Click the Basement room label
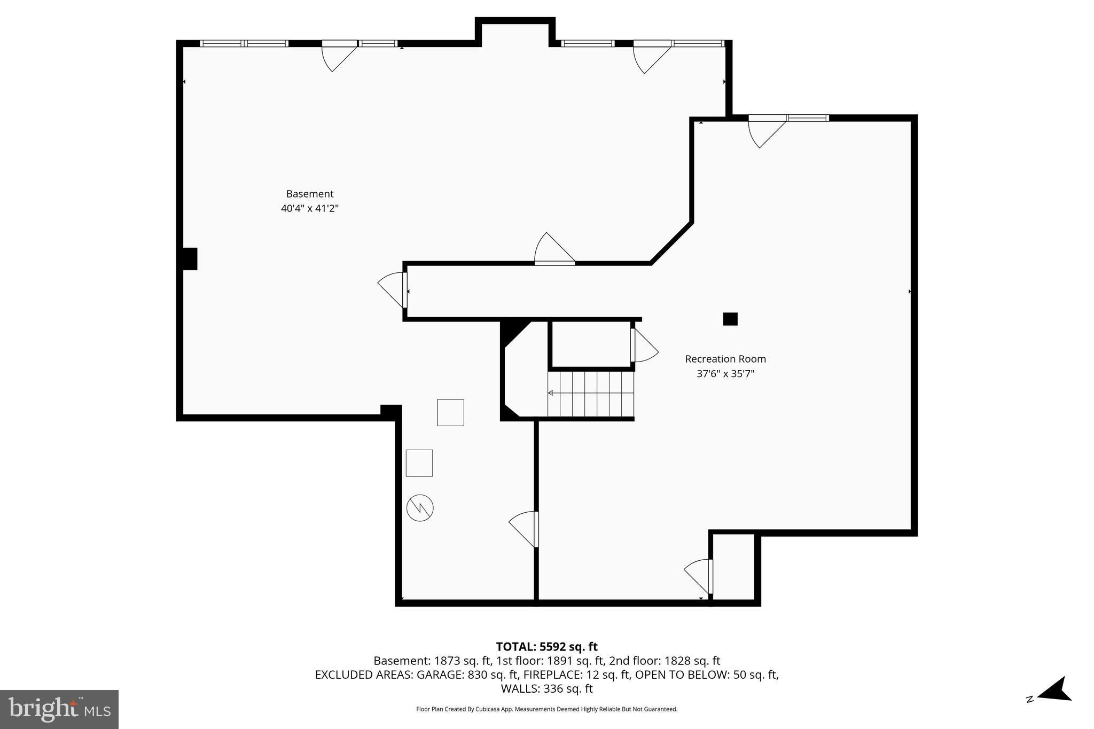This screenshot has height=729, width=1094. tap(309, 194)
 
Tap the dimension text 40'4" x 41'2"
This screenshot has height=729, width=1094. tap(309, 208)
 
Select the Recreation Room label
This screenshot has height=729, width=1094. tap(725, 359)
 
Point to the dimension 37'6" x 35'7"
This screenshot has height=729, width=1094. tap(725, 374)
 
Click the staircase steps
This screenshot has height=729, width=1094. tap(591, 394)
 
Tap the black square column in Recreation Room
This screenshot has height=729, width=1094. tap(730, 319)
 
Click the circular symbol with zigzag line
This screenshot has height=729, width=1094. tap(420, 508)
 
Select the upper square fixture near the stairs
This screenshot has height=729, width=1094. tap(450, 412)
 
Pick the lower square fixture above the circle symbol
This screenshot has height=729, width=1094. tap(419, 463)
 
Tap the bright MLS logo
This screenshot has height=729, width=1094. tap(59, 709)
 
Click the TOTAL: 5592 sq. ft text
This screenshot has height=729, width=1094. tap(546, 647)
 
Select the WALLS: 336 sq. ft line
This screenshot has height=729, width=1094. tap(546, 689)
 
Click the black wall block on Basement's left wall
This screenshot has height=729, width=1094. tap(190, 258)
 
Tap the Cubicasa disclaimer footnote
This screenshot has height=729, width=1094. tap(546, 709)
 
